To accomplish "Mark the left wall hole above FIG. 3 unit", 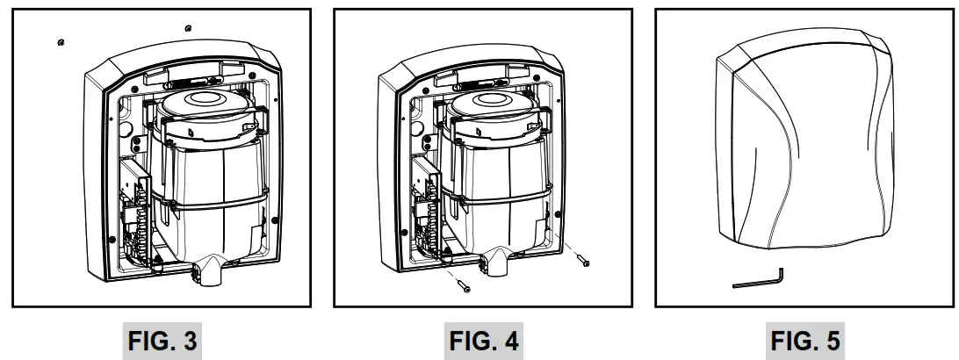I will tap(59, 41).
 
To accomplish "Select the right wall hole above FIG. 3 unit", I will tap(191, 27).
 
